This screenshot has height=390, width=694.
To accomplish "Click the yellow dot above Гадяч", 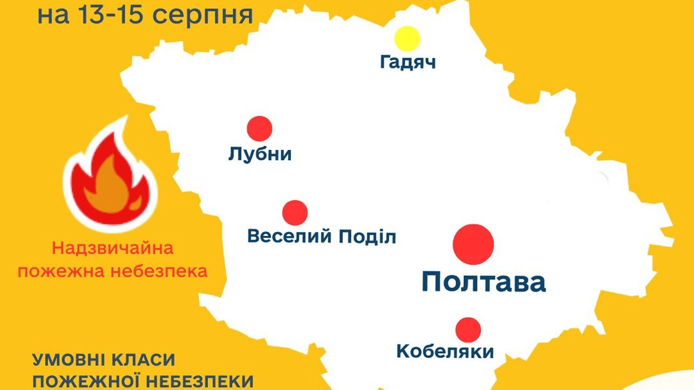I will [406, 39].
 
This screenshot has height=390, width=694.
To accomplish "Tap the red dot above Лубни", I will [260, 129].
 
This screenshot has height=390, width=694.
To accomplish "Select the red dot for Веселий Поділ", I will [295, 213].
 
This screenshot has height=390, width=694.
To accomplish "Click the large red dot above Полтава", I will [473, 243].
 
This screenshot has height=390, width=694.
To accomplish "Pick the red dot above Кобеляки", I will [468, 329].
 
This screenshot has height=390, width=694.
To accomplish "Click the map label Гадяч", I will [408, 63].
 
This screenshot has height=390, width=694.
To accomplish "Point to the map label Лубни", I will [260, 155].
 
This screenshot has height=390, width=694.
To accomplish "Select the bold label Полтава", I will [484, 282].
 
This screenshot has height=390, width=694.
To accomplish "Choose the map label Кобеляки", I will [446, 351].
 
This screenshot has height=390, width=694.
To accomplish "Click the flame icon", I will [109, 180].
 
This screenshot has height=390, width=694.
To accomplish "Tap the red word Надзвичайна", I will [112, 250].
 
